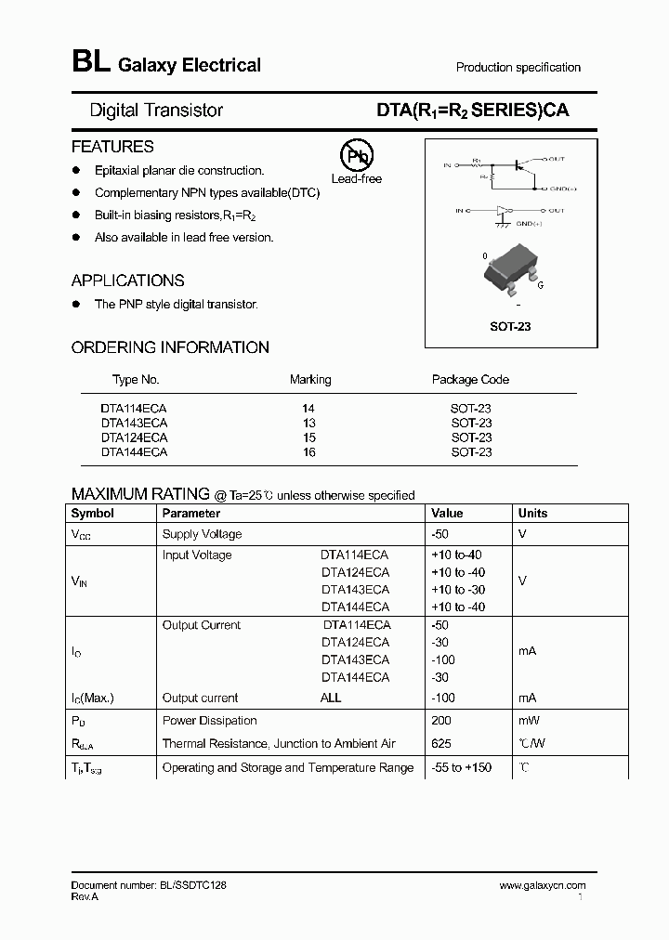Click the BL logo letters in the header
(90, 63)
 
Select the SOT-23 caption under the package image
(510, 327)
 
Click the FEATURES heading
(112, 147)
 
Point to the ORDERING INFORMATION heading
(170, 347)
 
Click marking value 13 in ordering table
(309, 422)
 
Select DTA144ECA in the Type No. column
(134, 452)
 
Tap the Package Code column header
(470, 379)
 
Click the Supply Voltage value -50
(440, 534)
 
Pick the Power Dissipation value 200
(441, 720)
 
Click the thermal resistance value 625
(441, 743)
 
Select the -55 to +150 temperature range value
(462, 767)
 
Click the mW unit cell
(530, 720)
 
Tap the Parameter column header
(191, 513)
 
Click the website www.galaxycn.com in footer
(543, 886)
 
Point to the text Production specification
(518, 67)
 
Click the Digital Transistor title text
(156, 110)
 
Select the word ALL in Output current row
(331, 698)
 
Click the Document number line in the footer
(149, 886)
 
